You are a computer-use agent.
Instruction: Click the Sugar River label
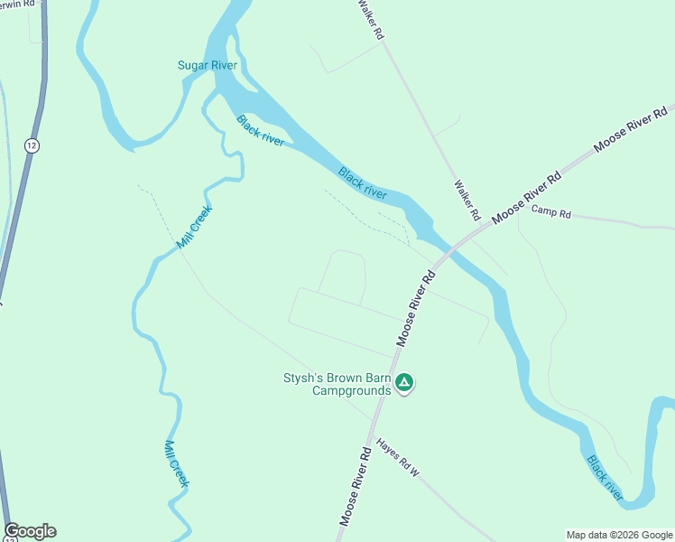point(207,65)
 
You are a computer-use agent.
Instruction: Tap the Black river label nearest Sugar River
point(261,132)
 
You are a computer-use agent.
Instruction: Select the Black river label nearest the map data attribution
point(606,478)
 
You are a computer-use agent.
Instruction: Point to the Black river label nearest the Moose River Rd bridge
point(363,182)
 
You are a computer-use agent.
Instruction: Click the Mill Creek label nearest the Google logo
point(177,464)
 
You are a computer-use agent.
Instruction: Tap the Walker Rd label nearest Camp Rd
point(466,200)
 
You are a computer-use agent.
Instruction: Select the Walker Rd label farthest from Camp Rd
point(372,20)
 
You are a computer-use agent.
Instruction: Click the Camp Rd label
point(551,213)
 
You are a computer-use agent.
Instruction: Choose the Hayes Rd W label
point(399,458)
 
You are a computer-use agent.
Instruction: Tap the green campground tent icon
point(405,384)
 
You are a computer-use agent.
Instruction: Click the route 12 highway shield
point(32,145)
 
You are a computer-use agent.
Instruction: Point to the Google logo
point(30,531)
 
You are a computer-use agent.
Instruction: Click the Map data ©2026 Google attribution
point(619,535)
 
